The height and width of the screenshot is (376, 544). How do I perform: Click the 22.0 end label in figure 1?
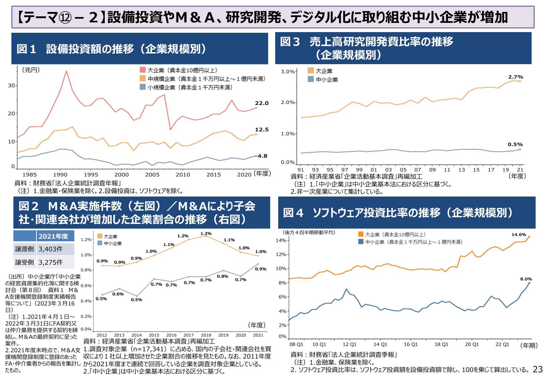tap(261, 103)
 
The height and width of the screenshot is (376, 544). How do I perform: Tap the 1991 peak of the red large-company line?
tap(66, 71)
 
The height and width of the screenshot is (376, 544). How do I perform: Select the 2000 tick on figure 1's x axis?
tap(122, 174)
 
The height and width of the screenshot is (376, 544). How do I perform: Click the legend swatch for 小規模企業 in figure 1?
tap(143, 87)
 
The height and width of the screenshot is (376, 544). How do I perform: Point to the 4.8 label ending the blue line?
tap(262, 156)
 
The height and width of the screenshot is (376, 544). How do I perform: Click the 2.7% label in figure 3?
tap(516, 77)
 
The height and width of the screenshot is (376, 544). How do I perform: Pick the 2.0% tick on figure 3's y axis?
tap(288, 103)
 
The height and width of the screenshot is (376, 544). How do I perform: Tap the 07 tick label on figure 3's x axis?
tap(418, 170)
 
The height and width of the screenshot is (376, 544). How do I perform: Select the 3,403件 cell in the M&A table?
tap(51, 249)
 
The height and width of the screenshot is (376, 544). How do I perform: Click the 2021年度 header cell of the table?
tap(53, 236)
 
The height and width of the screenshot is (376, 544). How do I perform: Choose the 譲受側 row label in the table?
tap(24, 262)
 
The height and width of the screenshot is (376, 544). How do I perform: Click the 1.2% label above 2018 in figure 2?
tap(206, 234)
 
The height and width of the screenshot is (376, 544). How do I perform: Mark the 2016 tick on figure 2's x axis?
tap(171, 335)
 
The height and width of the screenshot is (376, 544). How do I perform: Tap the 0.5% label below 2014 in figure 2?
tap(137, 300)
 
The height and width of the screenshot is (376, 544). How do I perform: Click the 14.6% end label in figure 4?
tap(519, 235)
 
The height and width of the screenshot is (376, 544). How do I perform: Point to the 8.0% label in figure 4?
tap(526, 279)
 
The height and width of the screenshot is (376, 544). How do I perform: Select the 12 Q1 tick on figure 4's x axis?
tap(349, 344)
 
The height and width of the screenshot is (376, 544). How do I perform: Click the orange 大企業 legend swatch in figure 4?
tap(361, 234)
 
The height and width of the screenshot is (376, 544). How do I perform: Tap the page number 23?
tap(537, 369)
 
